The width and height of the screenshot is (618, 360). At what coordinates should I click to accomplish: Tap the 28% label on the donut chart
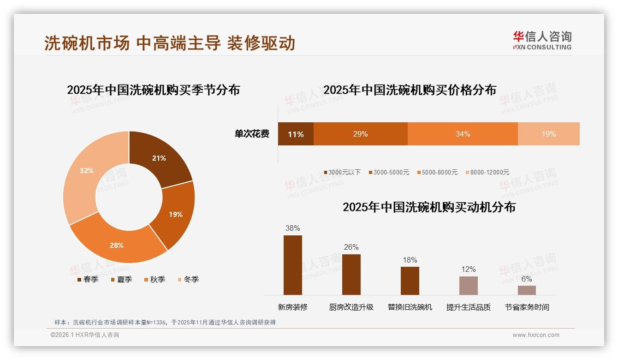pyautogui.click(x=117, y=246)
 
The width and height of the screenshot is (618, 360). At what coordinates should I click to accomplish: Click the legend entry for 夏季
pyautogui.click(x=122, y=279)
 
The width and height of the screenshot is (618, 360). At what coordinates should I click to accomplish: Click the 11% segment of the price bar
pyautogui.click(x=296, y=134)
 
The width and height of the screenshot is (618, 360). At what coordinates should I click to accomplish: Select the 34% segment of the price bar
pyautogui.click(x=463, y=134)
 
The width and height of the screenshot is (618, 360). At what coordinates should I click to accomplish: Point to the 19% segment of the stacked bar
pyautogui.click(x=548, y=134)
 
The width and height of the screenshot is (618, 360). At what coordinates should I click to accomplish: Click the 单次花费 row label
pyautogui.click(x=252, y=134)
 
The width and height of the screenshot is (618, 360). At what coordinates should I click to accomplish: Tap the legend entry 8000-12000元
pyautogui.click(x=487, y=172)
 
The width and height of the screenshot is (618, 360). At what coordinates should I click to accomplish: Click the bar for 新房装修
pyautogui.click(x=293, y=265)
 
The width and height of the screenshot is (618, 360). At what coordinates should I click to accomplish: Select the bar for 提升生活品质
pyautogui.click(x=468, y=286)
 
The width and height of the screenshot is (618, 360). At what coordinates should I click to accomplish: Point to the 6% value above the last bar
pyautogui.click(x=526, y=279)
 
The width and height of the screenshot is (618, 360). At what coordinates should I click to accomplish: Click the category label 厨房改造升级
pyautogui.click(x=351, y=307)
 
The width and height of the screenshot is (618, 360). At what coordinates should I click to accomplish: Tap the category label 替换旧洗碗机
pyautogui.click(x=410, y=307)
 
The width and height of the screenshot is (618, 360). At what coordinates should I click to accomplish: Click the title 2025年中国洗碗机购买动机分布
pyautogui.click(x=429, y=207)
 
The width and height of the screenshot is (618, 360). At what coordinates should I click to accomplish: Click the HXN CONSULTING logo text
pyautogui.click(x=542, y=47)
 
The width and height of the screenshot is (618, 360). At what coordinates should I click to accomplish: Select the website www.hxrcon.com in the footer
pyautogui.click(x=535, y=335)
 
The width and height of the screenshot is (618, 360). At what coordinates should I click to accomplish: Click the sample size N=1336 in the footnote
pyautogui.click(x=154, y=322)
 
